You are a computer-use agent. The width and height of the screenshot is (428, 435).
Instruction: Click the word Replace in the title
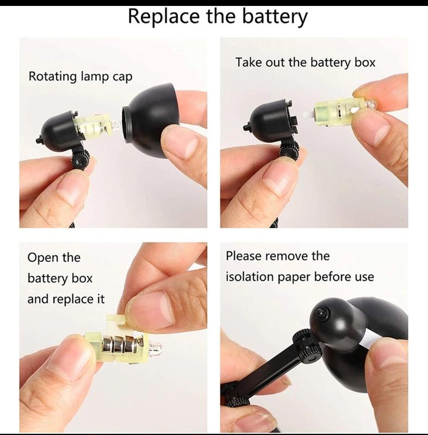click(163, 17)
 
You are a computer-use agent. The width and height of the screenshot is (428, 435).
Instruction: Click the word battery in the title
click(275, 17)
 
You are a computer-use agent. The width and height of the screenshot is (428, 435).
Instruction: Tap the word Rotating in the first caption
click(53, 77)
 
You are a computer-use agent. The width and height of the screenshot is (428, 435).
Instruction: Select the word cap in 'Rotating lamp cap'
click(122, 77)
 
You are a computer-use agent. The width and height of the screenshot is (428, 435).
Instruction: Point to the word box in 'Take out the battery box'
click(365, 62)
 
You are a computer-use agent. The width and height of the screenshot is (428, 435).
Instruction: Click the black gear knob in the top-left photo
click(80, 159)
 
